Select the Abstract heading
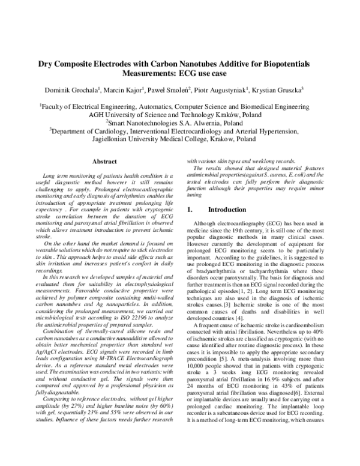103,162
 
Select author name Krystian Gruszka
277,89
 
